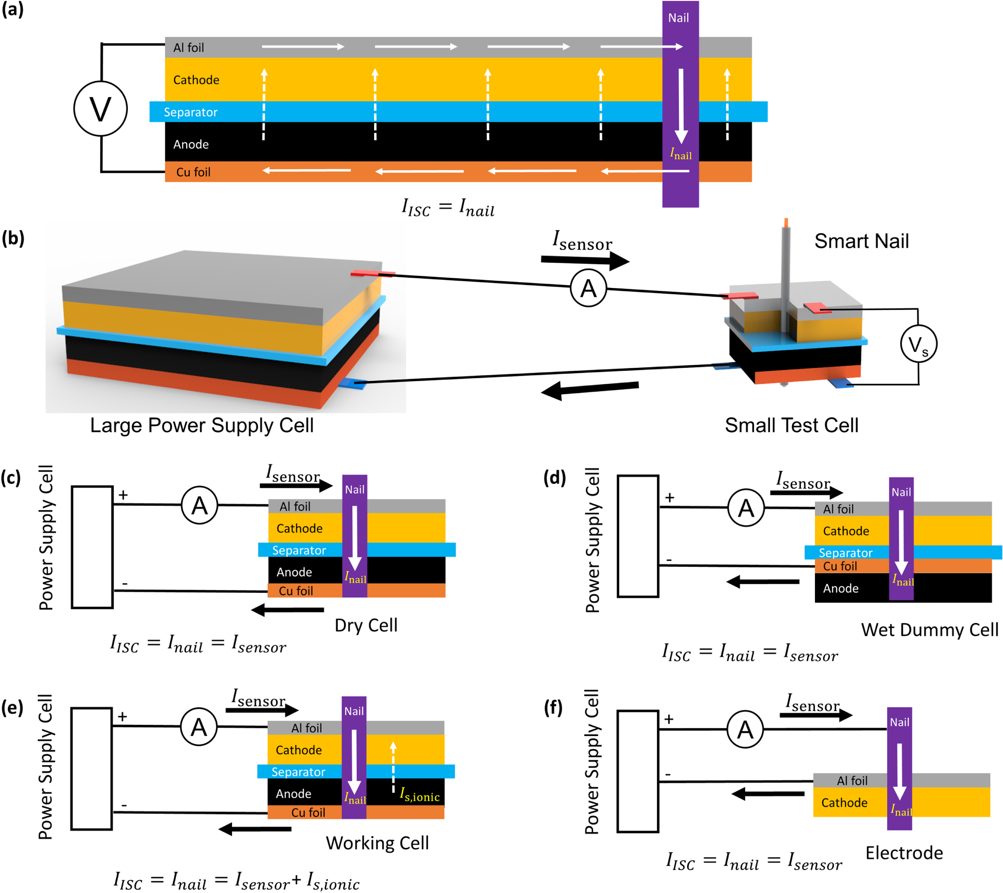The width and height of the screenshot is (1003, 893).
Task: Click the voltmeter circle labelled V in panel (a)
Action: (x=101, y=109)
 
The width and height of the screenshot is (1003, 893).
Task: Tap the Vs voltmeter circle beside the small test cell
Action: (x=918, y=345)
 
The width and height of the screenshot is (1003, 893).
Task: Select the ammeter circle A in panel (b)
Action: (x=588, y=288)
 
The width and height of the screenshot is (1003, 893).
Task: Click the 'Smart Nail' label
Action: (x=861, y=241)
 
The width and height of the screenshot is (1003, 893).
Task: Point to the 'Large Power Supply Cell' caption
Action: (x=202, y=425)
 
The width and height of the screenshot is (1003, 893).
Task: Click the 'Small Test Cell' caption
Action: (x=792, y=425)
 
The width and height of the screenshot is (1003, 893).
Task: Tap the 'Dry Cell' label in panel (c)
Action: (x=365, y=625)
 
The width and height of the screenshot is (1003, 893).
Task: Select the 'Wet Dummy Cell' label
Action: (x=929, y=630)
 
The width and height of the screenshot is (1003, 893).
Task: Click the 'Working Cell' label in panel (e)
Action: (x=377, y=843)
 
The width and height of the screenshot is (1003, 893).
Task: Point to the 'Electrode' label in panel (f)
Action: (x=904, y=853)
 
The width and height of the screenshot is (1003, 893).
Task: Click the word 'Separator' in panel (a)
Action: (x=190, y=112)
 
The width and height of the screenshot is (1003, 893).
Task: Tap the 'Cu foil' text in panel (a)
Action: (x=193, y=172)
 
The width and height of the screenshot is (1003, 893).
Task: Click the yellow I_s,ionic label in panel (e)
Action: (x=420, y=794)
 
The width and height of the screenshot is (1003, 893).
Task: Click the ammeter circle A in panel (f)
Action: (x=745, y=730)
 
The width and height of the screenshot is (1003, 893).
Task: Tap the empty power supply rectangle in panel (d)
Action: (x=638, y=536)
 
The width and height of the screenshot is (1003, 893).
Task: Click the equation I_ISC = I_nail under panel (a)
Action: (x=448, y=207)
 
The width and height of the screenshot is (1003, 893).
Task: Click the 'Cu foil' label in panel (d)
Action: (x=840, y=566)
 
